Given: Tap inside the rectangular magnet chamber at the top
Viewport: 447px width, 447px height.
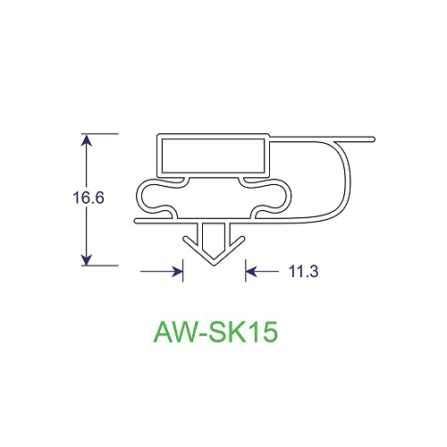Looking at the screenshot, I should click(213, 154).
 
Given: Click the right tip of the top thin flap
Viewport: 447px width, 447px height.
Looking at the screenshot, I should click(372, 139).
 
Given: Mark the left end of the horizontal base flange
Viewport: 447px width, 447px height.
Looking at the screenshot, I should click(137, 219).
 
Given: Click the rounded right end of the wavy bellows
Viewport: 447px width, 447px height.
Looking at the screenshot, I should click(288, 196).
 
